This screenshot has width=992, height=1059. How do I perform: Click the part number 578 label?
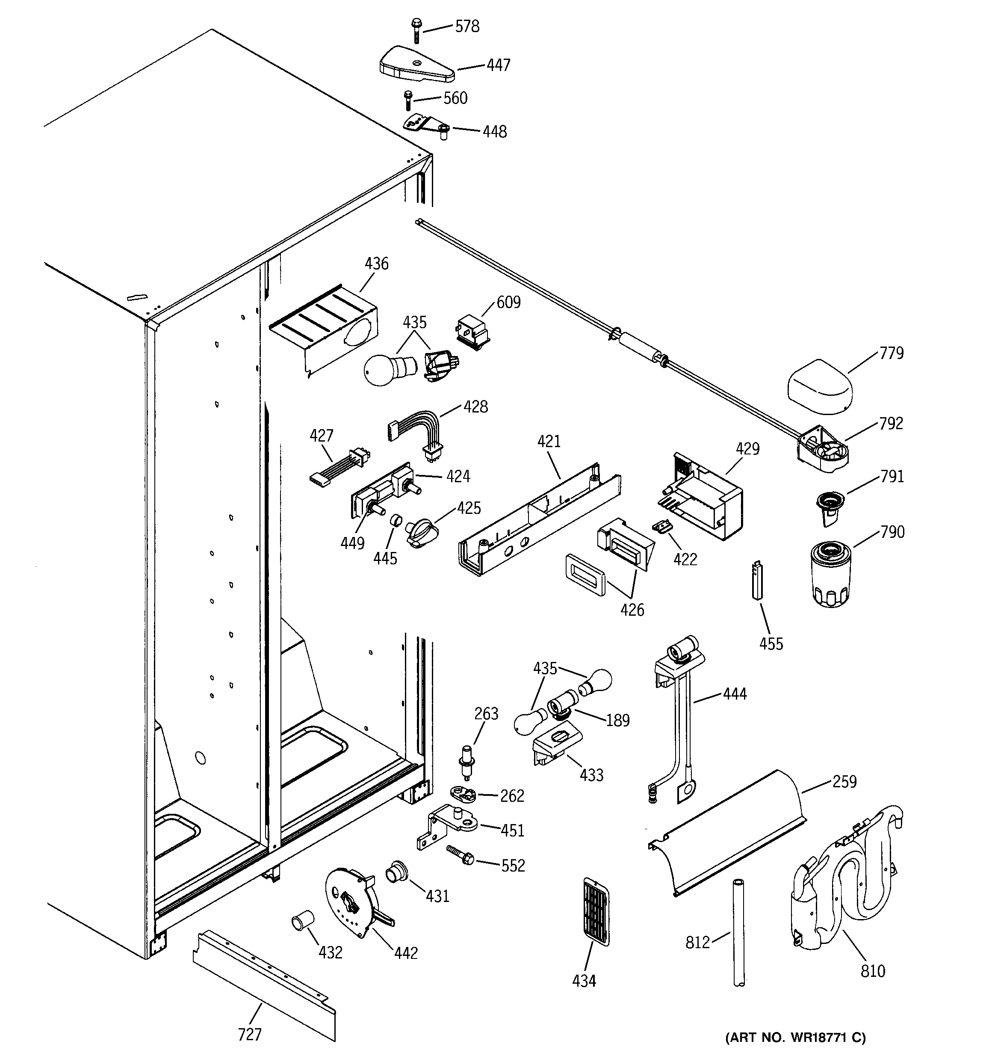pyautogui.click(x=466, y=27)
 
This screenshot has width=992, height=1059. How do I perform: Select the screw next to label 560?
pyautogui.click(x=408, y=100)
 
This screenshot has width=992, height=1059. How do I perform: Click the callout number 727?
pyautogui.click(x=249, y=1034)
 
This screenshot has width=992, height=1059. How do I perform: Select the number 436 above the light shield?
pyautogui.click(x=376, y=264)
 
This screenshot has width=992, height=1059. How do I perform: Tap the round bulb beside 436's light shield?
pyautogui.click(x=383, y=370)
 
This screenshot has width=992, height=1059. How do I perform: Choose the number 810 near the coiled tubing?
pyautogui.click(x=873, y=970)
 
